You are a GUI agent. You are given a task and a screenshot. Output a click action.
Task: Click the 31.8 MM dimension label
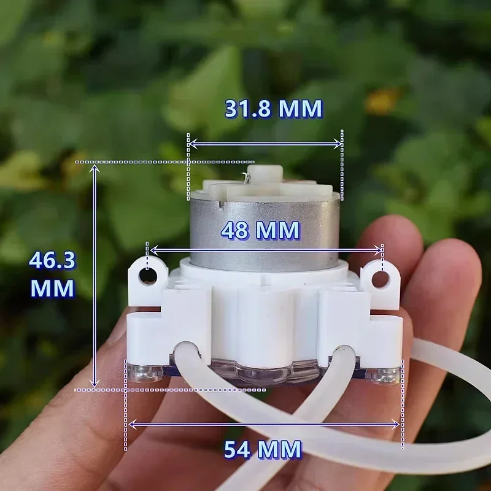[273, 109]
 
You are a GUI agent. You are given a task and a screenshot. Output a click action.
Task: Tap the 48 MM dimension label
[261, 231]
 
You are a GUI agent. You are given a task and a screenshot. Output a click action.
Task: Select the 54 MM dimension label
[263, 450]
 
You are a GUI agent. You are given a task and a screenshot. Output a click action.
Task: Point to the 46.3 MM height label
[52, 274]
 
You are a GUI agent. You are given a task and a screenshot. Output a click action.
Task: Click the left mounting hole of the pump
[148, 276]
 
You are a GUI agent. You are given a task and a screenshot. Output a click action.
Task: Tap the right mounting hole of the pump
[381, 280]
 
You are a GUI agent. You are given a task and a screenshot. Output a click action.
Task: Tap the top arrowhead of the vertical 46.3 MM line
[95, 168]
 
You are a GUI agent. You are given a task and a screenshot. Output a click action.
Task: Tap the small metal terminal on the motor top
[246, 177]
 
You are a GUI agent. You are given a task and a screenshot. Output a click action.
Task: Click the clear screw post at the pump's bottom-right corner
[384, 374]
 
